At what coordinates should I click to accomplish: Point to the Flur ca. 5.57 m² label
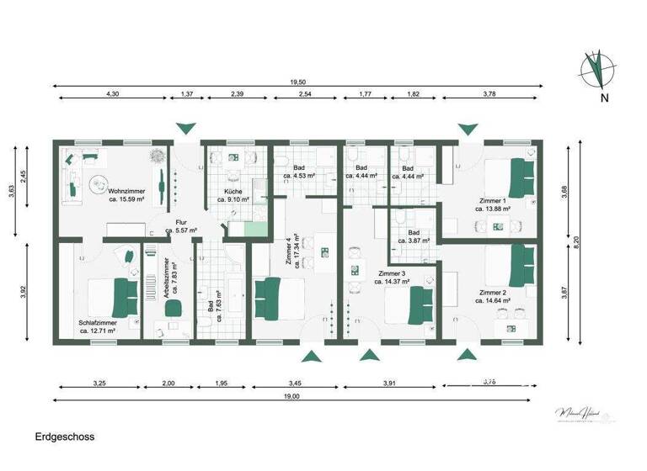click(180, 226)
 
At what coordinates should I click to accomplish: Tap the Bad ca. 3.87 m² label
click(414, 236)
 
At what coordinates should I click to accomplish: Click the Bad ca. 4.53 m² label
click(299, 172)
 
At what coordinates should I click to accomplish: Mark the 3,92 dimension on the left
click(24, 292)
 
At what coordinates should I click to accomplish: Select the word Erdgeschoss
click(65, 437)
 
